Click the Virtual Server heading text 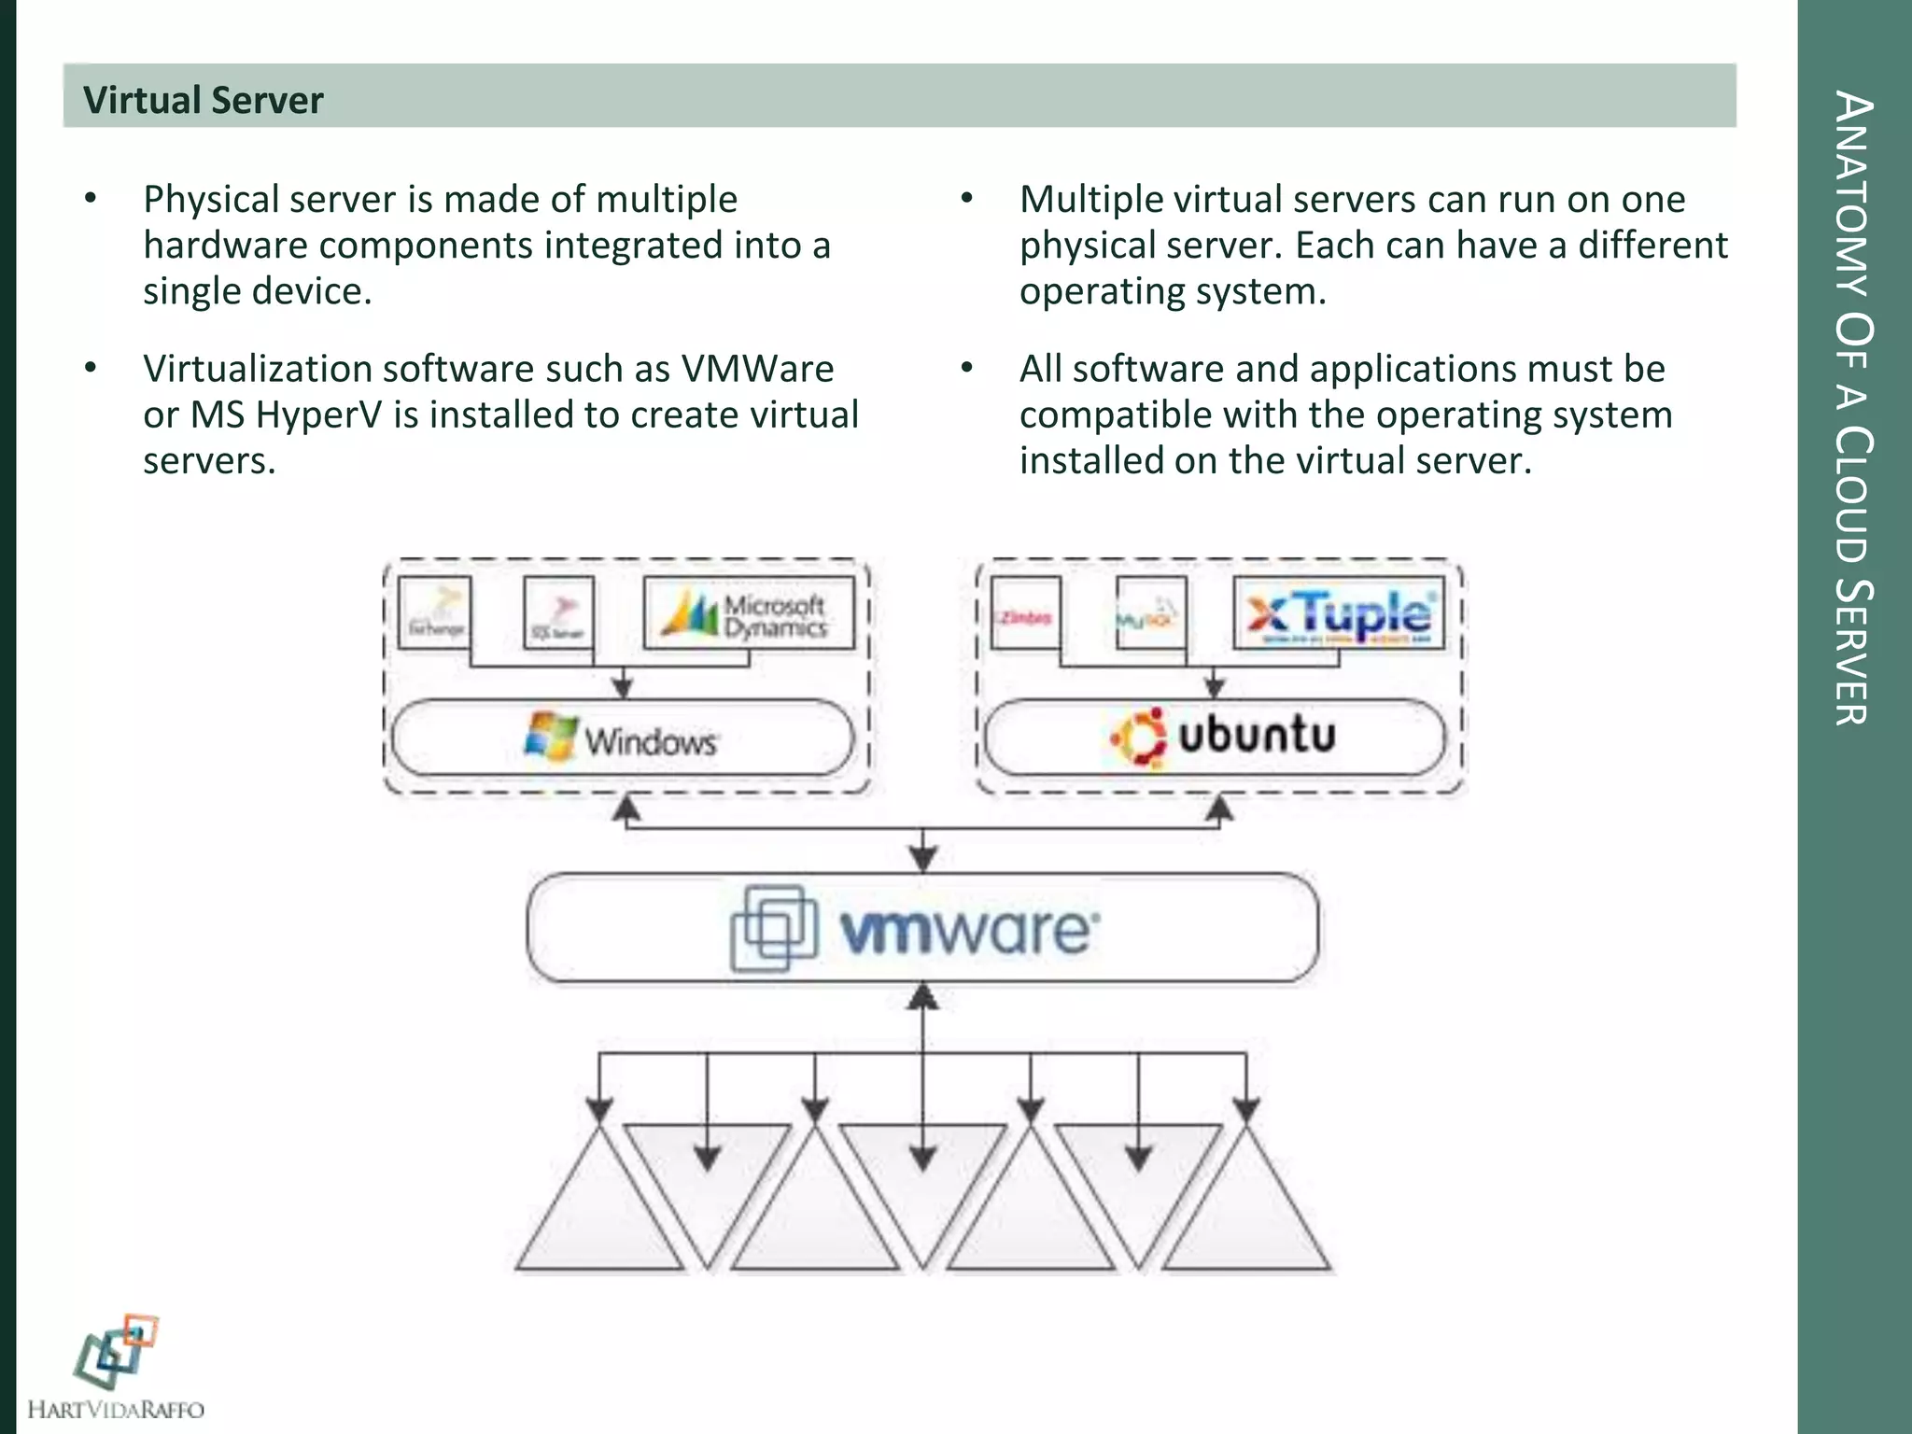click(x=203, y=100)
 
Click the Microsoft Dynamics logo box click(x=749, y=613)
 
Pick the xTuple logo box click(x=1338, y=613)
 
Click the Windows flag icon click(x=551, y=737)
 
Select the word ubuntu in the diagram click(x=1257, y=735)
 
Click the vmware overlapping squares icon click(x=774, y=927)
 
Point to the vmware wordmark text click(x=970, y=930)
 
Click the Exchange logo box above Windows click(x=434, y=612)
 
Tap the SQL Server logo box click(x=558, y=612)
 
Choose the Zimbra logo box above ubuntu click(x=1025, y=612)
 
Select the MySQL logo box click(x=1151, y=612)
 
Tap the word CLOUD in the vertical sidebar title click(x=1854, y=495)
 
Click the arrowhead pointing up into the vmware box click(x=923, y=997)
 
